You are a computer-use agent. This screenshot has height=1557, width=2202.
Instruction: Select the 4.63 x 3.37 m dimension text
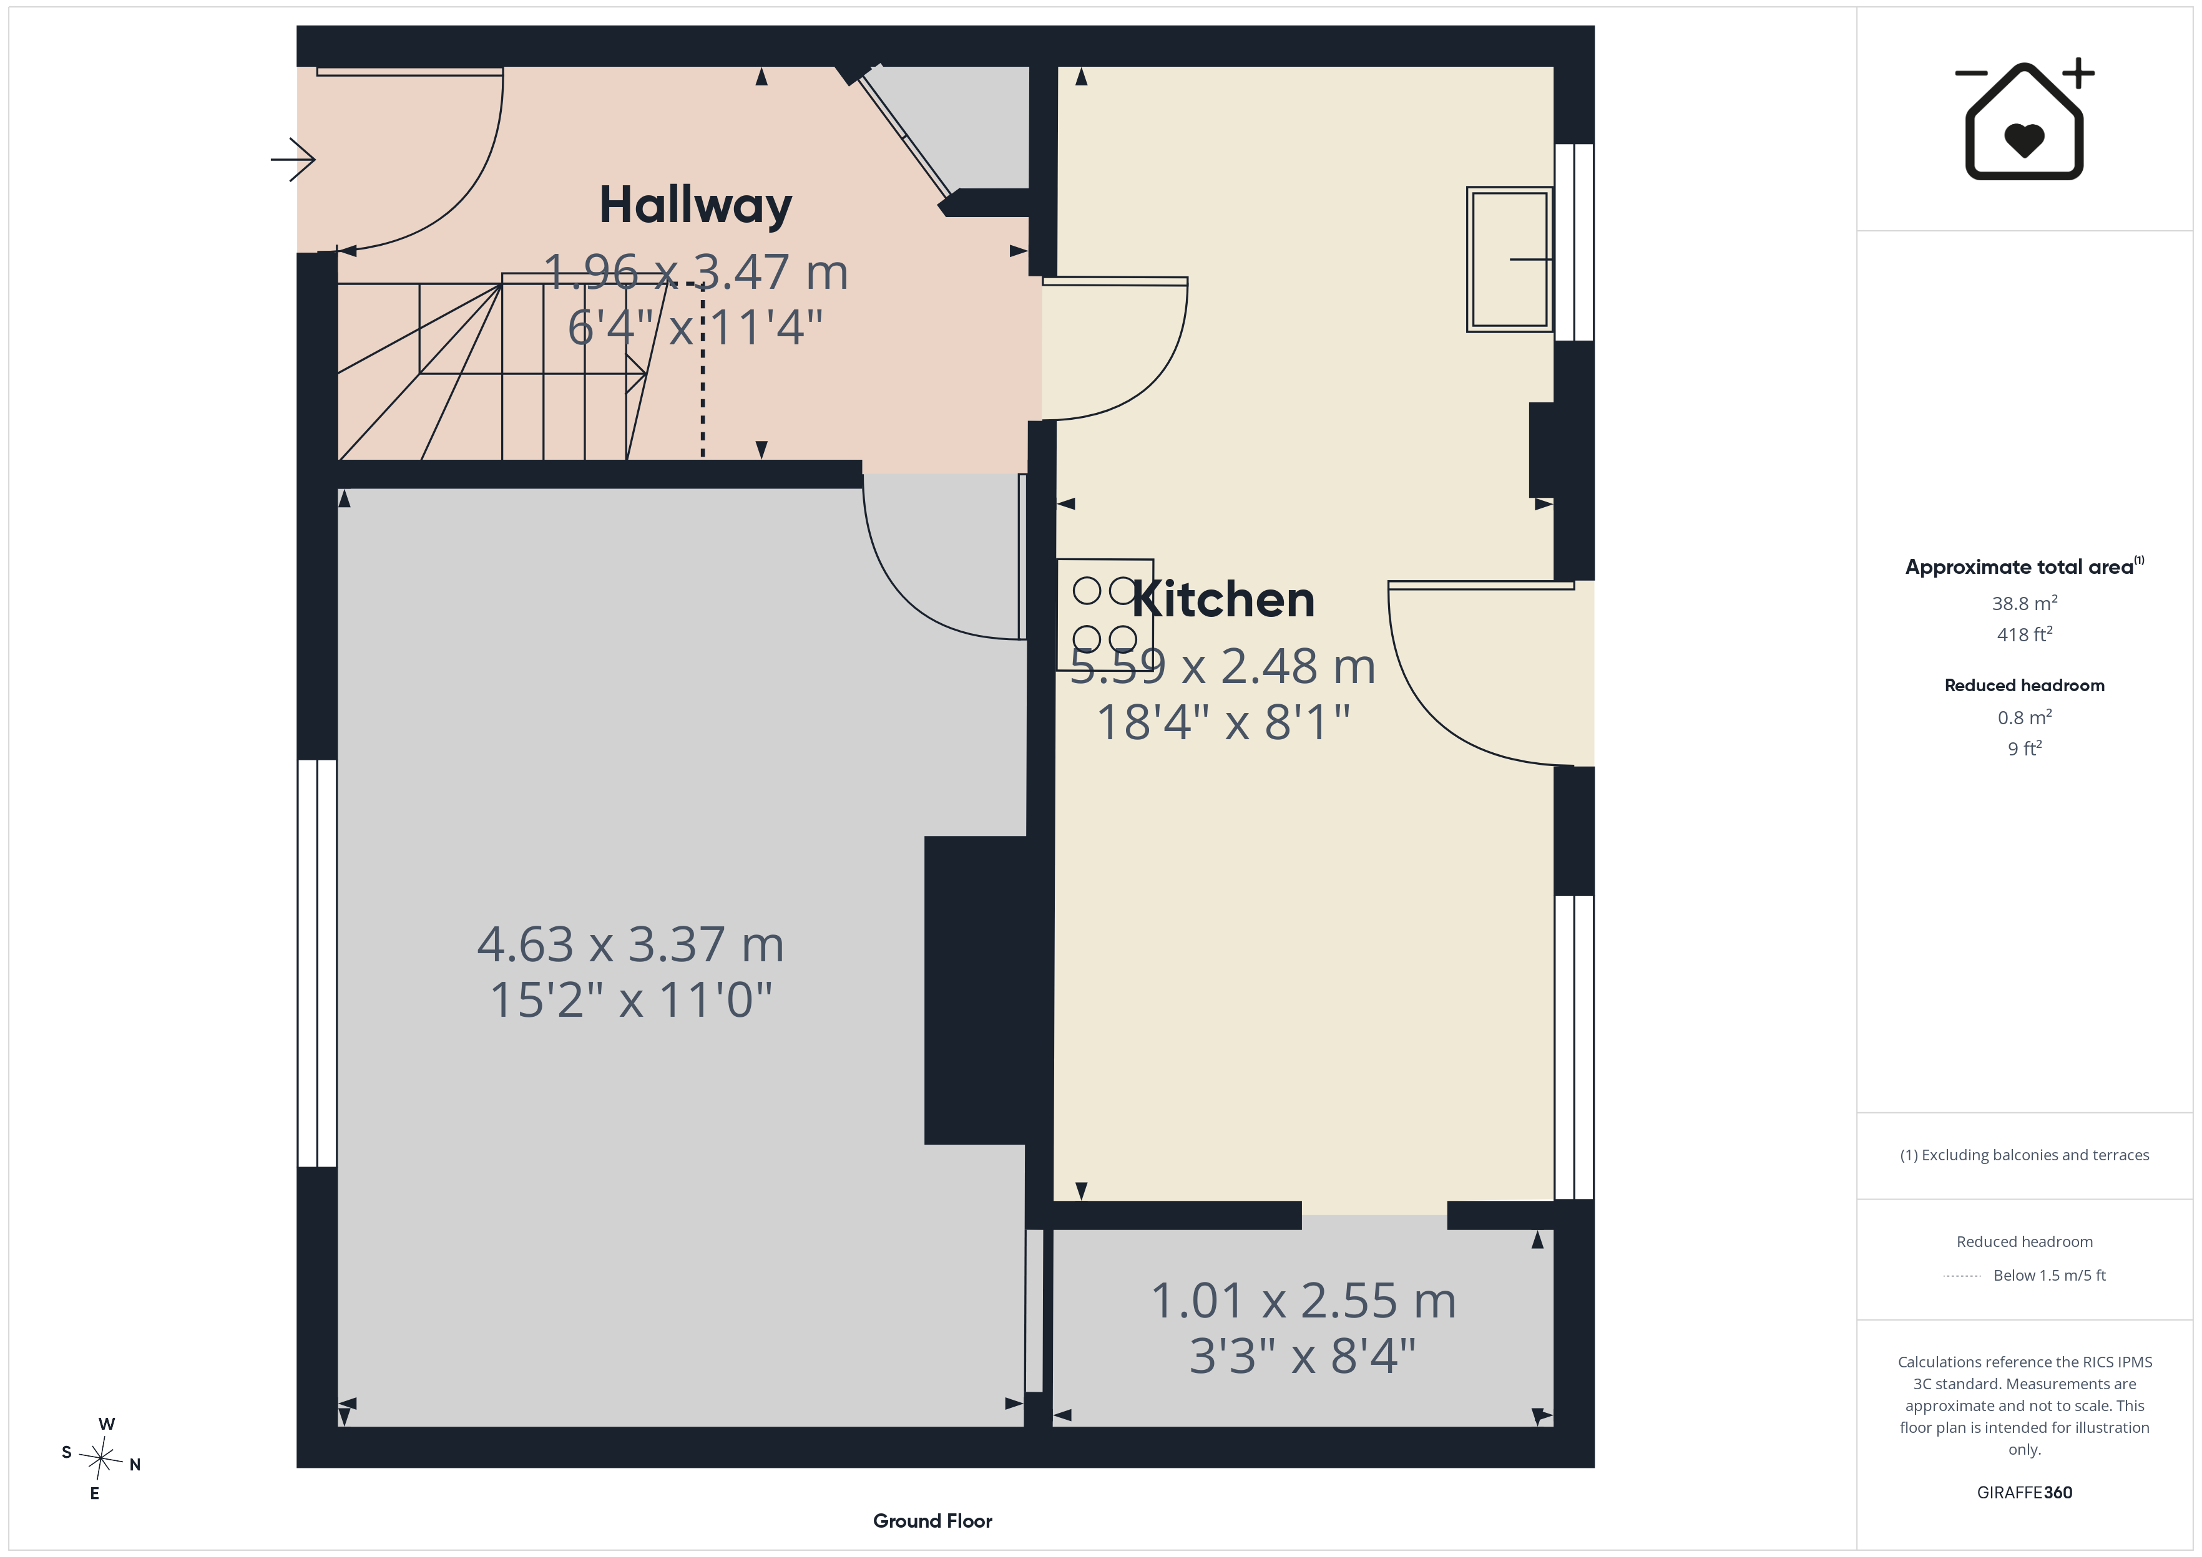point(631,944)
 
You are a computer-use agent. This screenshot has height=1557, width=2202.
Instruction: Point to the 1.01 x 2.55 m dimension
point(1303,1301)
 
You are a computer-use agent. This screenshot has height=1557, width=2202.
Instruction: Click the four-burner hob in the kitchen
point(1105,614)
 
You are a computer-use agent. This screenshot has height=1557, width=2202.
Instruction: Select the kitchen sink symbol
point(1510,260)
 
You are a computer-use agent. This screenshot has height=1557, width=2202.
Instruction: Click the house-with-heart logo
point(2025,120)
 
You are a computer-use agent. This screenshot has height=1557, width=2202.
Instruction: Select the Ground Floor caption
point(932,1521)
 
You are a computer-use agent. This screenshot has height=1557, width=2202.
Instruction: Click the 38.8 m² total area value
point(2025,603)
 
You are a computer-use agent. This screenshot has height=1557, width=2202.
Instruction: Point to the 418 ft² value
point(2025,634)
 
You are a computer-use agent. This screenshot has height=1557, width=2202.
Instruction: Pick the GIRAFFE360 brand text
point(2025,1492)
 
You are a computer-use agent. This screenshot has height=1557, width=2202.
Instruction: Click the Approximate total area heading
point(2025,566)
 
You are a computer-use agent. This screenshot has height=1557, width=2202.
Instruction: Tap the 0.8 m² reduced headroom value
point(2025,717)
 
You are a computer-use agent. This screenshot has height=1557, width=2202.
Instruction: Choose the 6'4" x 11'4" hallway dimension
point(695,328)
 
